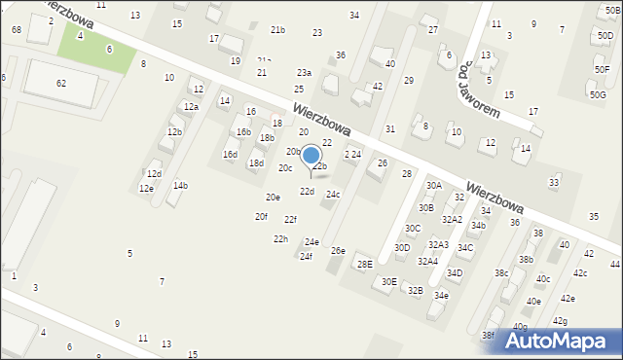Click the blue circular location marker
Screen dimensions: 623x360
tap(311, 155)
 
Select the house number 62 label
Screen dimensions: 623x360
tap(61, 84)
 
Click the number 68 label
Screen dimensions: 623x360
tap(17, 30)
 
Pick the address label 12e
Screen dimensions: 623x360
tap(146, 189)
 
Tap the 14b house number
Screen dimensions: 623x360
tap(180, 185)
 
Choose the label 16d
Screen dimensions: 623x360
tap(230, 154)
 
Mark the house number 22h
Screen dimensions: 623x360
tap(280, 238)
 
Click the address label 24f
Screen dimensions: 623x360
tap(306, 256)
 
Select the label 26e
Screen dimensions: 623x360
tap(338, 251)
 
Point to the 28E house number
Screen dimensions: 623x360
tap(364, 264)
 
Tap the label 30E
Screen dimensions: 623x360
tap(388, 281)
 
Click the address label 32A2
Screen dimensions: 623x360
tap(452, 219)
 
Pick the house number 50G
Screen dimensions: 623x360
tap(597, 94)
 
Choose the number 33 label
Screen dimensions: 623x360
tap(555, 182)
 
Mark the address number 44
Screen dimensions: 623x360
tap(615, 265)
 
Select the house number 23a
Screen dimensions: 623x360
tap(304, 73)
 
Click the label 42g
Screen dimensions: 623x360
tap(560, 320)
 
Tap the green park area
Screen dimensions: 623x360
tap(95, 47)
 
